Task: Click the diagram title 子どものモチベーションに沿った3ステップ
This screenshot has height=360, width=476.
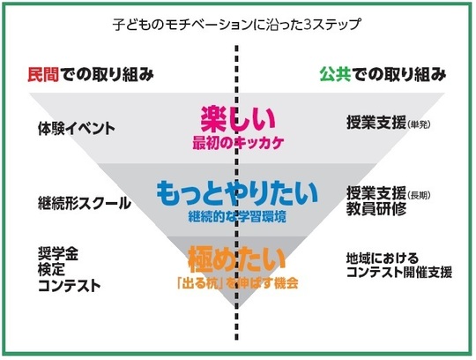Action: click(237, 25)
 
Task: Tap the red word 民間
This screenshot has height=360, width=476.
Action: click(43, 74)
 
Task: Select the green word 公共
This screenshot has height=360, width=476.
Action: click(335, 74)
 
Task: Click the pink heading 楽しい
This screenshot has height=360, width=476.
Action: click(238, 118)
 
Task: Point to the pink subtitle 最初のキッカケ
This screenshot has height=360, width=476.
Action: click(238, 143)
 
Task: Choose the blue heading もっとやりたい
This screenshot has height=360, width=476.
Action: click(237, 192)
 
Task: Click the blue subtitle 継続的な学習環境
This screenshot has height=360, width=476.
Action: click(237, 216)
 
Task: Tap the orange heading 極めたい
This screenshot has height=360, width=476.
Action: click(236, 260)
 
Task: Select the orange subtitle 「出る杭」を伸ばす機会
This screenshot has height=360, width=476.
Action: click(238, 283)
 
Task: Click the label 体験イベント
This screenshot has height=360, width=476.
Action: click(77, 129)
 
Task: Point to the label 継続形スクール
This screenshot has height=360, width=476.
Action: click(85, 203)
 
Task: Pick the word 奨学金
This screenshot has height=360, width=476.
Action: click(58, 253)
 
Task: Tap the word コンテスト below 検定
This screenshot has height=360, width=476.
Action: click(70, 286)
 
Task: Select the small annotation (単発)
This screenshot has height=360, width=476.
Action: click(419, 125)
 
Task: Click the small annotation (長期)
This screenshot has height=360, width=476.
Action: click(419, 195)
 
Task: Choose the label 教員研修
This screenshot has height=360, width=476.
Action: click(376, 209)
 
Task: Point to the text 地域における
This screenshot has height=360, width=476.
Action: click(383, 259)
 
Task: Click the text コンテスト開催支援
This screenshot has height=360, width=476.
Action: click(399, 272)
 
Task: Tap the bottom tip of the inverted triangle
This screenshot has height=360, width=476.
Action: click(237, 307)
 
